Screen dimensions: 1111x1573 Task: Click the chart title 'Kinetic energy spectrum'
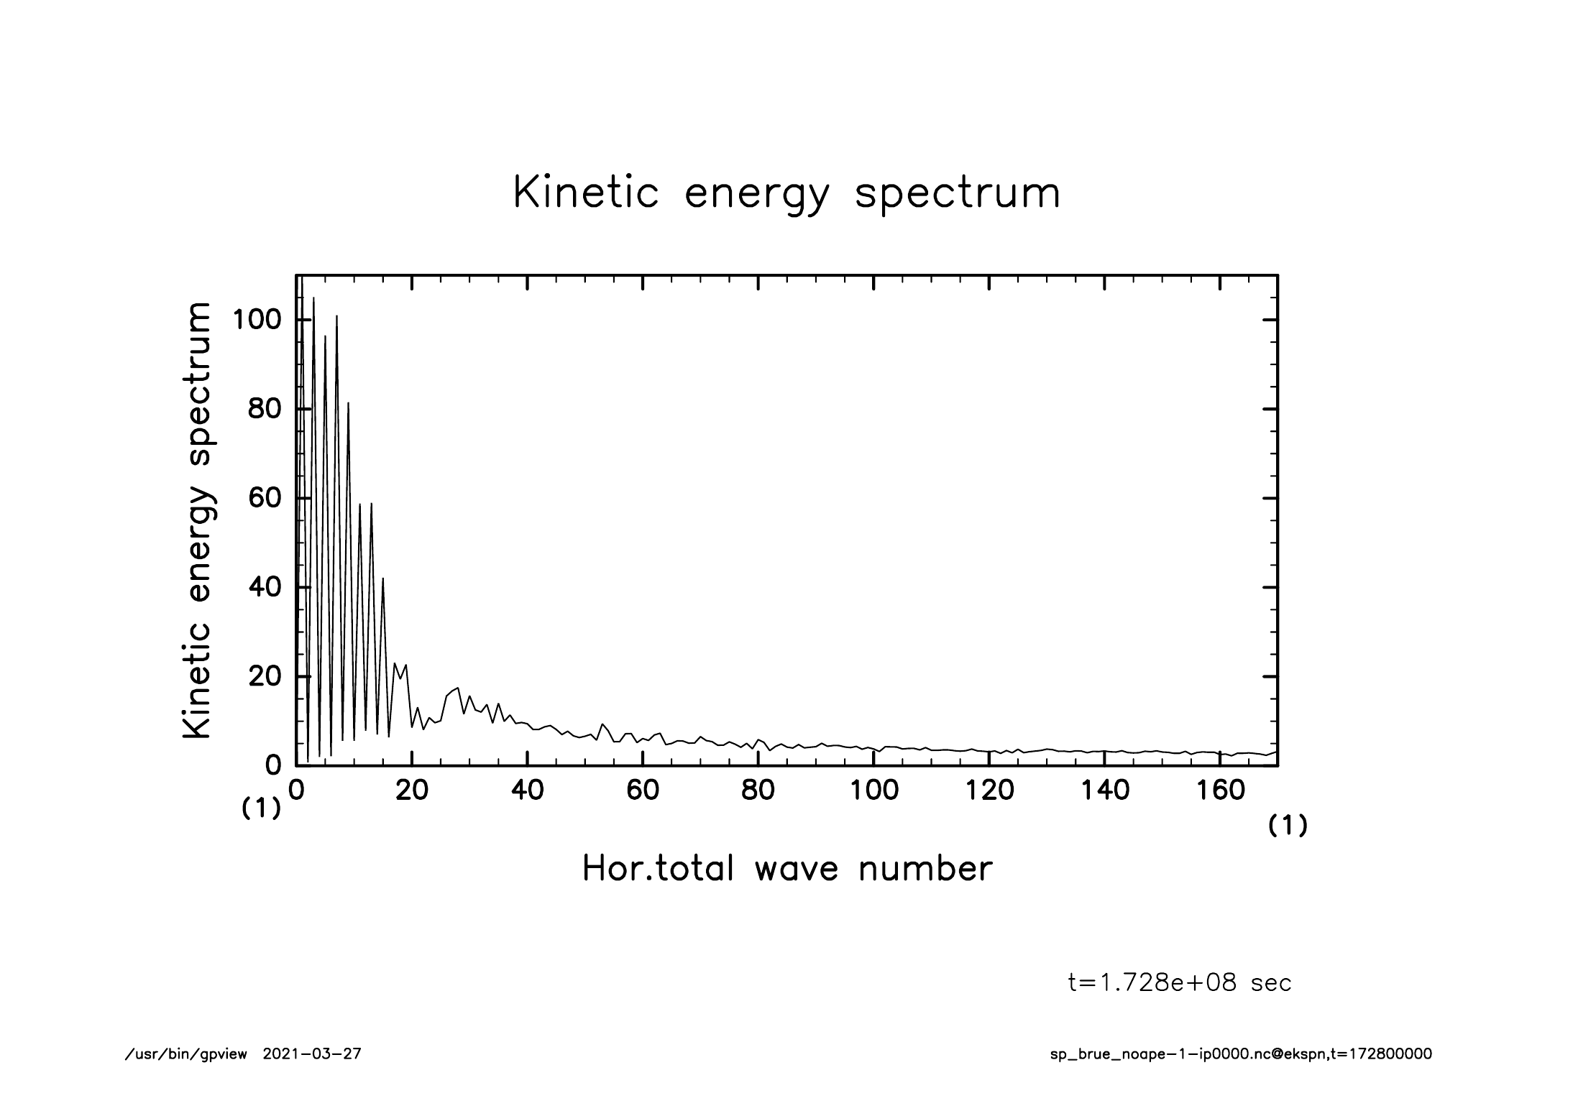tap(786, 194)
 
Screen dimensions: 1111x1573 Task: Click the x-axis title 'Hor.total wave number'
tap(787, 868)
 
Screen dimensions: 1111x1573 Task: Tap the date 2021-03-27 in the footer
tap(312, 1055)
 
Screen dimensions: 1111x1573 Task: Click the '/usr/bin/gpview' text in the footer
tap(186, 1055)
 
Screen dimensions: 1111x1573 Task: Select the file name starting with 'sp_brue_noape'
tap(1241, 1055)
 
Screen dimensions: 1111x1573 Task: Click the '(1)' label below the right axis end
tap(1288, 826)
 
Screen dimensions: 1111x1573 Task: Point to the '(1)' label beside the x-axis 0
tap(260, 809)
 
